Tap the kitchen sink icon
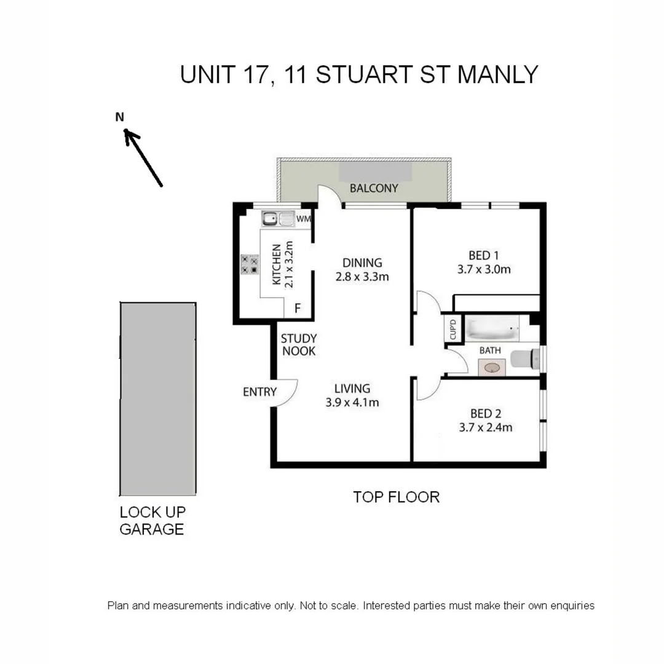(x=278, y=218)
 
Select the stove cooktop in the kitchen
(x=249, y=264)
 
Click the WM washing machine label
(x=304, y=218)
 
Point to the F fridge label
(x=298, y=309)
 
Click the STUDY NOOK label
(x=298, y=345)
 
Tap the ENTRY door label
(x=259, y=392)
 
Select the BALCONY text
(x=374, y=188)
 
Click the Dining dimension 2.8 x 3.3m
(x=362, y=277)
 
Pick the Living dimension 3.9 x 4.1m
(x=352, y=403)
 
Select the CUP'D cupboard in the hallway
(x=453, y=330)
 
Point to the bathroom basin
(x=492, y=368)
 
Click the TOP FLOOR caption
(x=396, y=497)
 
